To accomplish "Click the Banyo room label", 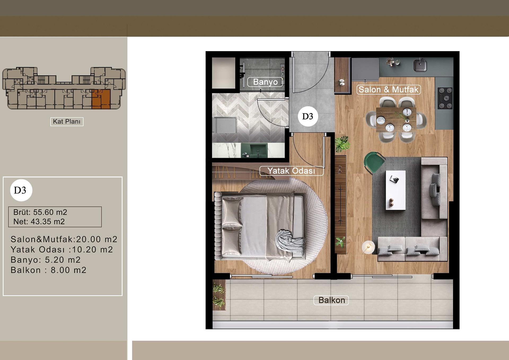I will click(x=265, y=82).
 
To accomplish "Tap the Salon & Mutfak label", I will click(x=388, y=90).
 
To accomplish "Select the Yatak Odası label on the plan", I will click(x=291, y=171).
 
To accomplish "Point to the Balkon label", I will click(x=331, y=300).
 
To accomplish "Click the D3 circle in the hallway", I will click(x=308, y=116).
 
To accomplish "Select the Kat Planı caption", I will click(x=67, y=121).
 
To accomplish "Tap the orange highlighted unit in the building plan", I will click(x=101, y=99).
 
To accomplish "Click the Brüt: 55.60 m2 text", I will click(x=40, y=212).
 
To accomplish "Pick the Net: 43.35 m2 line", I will click(x=39, y=222).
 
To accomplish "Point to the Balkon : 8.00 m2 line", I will click(x=49, y=270).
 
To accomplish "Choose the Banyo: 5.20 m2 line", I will click(x=46, y=260).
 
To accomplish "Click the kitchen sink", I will click(x=420, y=65).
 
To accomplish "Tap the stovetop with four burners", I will click(x=445, y=98).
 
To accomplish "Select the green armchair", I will click(x=374, y=162).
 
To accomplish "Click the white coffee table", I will click(x=396, y=190).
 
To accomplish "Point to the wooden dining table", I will click(x=396, y=120).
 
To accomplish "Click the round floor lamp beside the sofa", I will click(x=368, y=247).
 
